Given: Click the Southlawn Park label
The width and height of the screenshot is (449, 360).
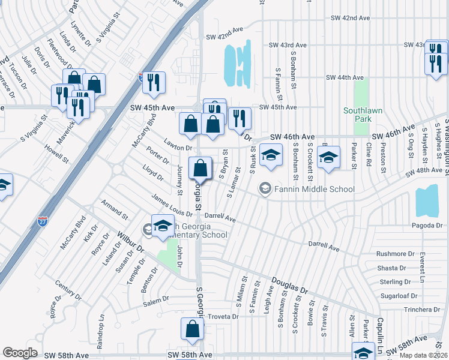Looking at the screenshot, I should tap(360, 115).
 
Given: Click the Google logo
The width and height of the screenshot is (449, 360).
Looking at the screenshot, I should tap(20, 353).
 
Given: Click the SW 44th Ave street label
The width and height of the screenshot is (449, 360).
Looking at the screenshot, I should tap(345, 77).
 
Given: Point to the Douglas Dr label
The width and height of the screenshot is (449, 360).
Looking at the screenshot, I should tap(289, 285).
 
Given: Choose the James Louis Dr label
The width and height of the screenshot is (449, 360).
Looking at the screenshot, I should tap(171, 206).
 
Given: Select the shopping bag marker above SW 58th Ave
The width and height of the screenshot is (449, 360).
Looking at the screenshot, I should tap(193, 329).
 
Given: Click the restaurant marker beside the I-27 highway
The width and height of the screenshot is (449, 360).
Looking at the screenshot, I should tap(154, 82).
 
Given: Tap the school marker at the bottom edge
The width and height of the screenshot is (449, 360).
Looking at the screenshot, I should tap(363, 352).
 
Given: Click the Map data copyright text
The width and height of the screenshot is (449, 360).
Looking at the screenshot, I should tap(423, 355).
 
